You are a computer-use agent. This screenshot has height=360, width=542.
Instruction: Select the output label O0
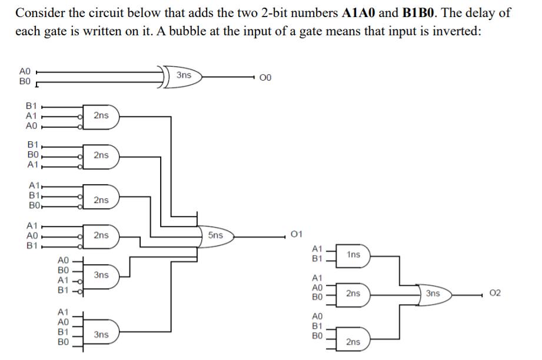tap(266, 77)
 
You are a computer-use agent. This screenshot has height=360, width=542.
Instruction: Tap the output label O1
tap(297, 235)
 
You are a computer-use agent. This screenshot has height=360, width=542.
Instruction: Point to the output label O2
tap(495, 293)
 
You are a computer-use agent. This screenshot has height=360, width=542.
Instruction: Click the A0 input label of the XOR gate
tap(25, 71)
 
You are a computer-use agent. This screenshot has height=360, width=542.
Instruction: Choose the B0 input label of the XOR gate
tap(25, 81)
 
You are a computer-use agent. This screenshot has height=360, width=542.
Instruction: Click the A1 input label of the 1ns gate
tap(317, 249)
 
